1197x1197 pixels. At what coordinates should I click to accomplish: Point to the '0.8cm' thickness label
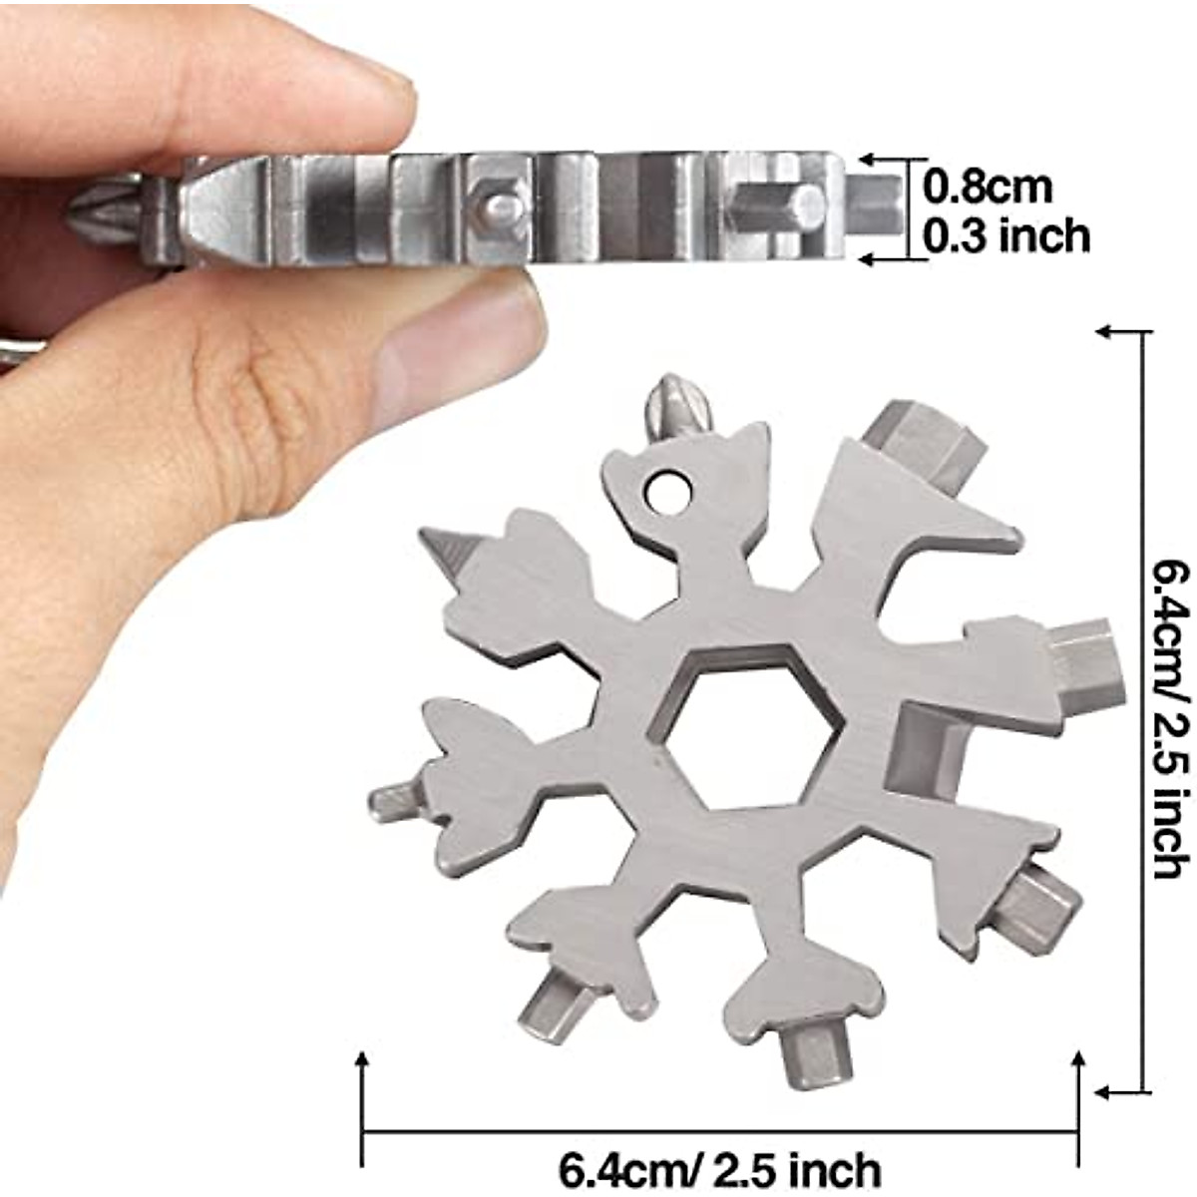tap(987, 186)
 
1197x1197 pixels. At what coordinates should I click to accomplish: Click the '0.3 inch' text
tap(1005, 236)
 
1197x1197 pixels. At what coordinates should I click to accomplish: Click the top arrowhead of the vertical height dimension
tap(1109, 331)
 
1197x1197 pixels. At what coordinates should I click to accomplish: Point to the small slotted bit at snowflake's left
tap(394, 798)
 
